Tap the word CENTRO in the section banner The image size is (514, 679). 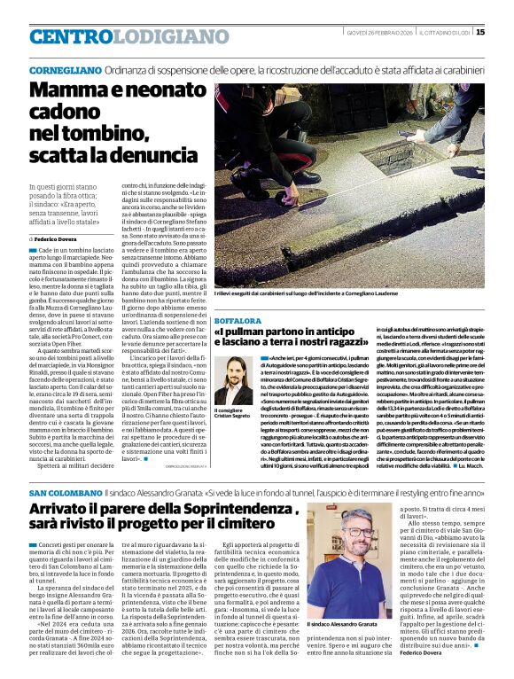click(70, 37)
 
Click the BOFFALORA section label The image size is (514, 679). click(238, 320)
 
